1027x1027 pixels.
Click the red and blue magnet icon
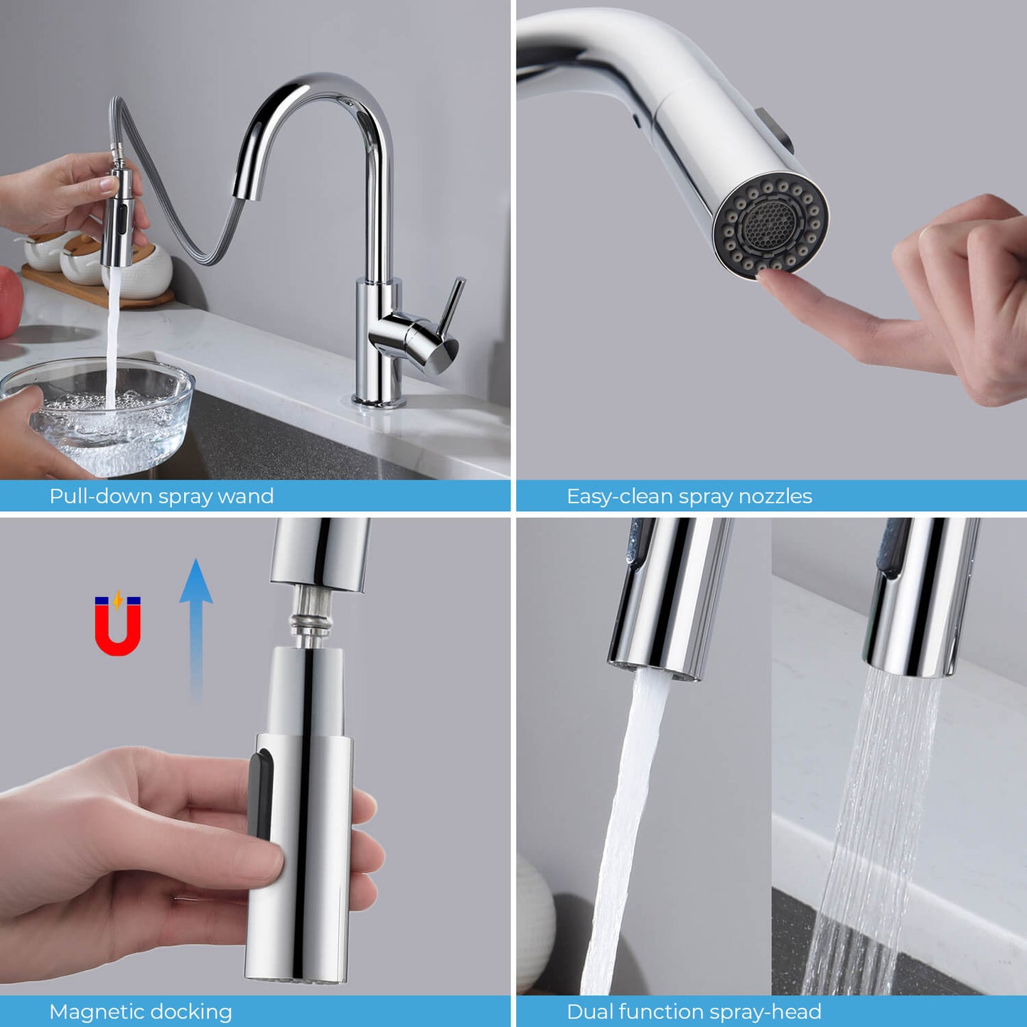pos(118,625)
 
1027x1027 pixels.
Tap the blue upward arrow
pos(195,625)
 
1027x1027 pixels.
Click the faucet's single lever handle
pos(450,306)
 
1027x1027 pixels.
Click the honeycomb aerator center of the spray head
pos(769,224)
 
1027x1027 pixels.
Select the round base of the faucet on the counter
pos(379,402)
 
